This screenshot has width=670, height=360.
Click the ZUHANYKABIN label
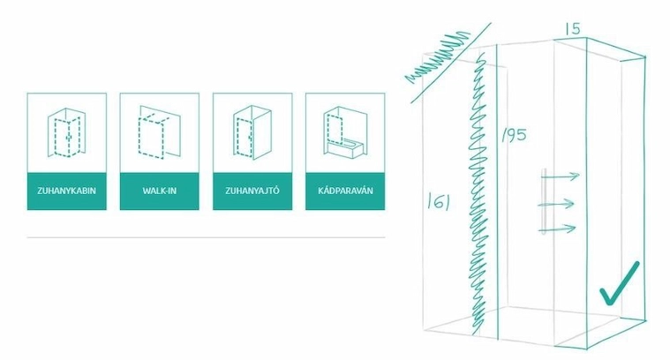tap(66, 191)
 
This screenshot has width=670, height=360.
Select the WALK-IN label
tap(160, 191)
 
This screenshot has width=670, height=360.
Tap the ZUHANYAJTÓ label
tap(252, 191)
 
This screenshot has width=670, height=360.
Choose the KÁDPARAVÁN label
tap(345, 191)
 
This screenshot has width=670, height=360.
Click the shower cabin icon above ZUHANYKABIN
tap(66, 133)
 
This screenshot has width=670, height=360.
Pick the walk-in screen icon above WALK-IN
tap(160, 132)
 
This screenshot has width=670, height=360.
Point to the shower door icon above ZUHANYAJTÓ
tap(252, 132)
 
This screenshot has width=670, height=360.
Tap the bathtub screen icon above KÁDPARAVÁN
tap(345, 131)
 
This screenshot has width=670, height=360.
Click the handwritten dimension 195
tap(514, 135)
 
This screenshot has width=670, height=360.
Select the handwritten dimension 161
tap(439, 201)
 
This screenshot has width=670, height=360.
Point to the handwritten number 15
tap(573, 28)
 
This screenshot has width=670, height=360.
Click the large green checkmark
tap(620, 284)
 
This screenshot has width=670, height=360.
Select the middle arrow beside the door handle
tap(555, 204)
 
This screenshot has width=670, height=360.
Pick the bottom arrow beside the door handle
tap(558, 229)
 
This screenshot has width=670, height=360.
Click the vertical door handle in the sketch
tap(544, 201)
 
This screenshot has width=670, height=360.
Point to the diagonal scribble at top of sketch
tap(437, 56)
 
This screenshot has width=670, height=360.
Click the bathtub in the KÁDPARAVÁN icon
tap(345, 148)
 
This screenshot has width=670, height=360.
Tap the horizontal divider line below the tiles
tap(206, 237)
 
